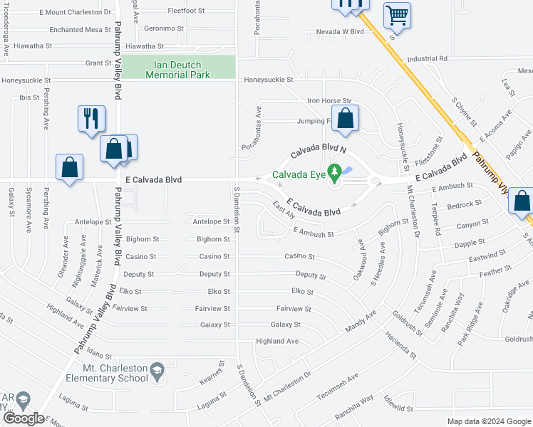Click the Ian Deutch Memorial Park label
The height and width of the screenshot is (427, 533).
tap(177, 69)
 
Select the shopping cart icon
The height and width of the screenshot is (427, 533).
tap(397, 14)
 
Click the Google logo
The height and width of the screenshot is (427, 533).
tap(24, 418)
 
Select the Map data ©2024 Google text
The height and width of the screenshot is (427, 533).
tap(488, 421)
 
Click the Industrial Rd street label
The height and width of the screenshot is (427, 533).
tap(427, 58)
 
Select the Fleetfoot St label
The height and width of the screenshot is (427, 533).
tap(186, 11)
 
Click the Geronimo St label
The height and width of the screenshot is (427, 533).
tap(164, 28)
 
